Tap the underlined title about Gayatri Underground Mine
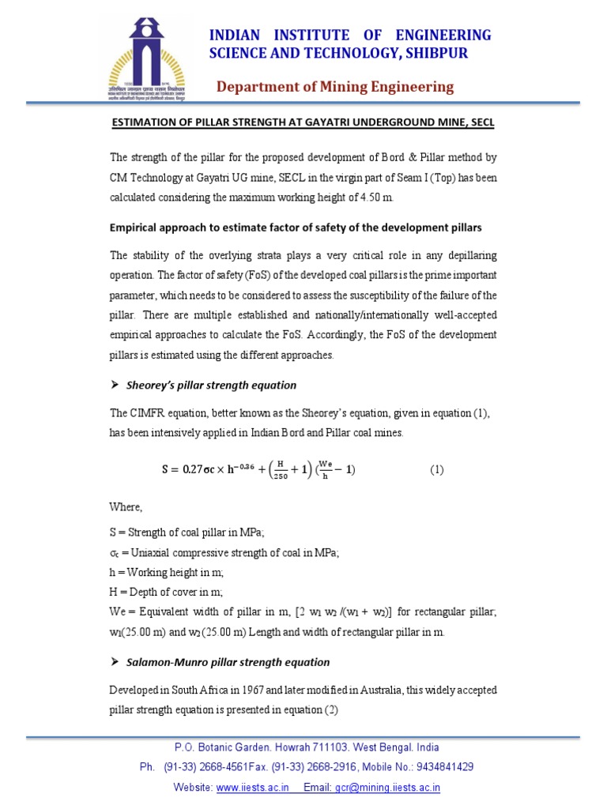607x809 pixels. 301,124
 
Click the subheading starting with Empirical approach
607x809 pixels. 296,228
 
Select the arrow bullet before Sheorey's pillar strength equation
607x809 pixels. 115,386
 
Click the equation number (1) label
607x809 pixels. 437,469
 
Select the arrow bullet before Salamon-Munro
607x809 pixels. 115,662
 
